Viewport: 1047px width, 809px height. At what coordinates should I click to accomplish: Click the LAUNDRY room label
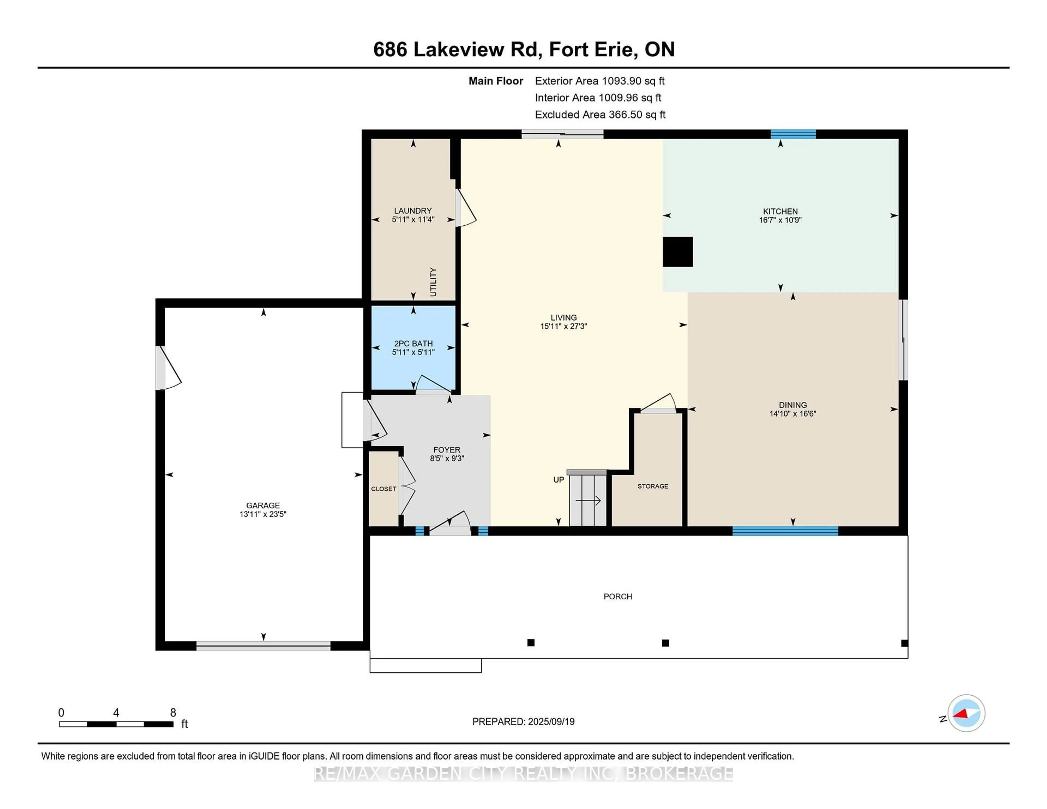[x=413, y=211]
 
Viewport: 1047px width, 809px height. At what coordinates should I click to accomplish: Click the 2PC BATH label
[x=413, y=344]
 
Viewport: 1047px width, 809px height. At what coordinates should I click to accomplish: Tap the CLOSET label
[x=384, y=489]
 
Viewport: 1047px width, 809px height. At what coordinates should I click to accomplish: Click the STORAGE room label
[x=652, y=486]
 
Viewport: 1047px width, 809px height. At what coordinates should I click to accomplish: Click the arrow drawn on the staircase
[x=588, y=501]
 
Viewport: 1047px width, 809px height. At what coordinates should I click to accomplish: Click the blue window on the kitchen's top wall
[x=793, y=134]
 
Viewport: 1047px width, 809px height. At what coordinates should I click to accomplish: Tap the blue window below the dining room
[x=785, y=530]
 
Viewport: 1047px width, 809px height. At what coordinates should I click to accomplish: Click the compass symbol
[x=966, y=713]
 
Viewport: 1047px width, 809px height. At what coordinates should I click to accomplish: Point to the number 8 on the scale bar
[x=173, y=713]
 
